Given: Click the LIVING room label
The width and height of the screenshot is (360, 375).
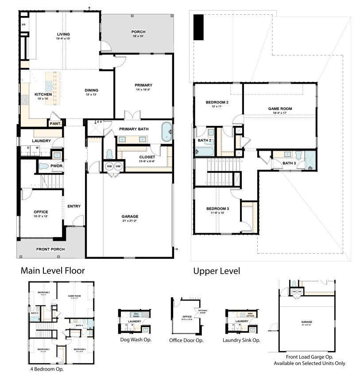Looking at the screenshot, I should pos(63,34).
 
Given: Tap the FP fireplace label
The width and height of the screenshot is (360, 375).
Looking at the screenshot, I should pos(23,25).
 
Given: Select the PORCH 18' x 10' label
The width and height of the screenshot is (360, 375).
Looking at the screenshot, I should pos(138,32).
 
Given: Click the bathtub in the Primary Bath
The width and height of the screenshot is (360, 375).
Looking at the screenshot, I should pos(167,132).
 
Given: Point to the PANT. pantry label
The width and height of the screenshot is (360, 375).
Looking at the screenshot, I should pos(55,124).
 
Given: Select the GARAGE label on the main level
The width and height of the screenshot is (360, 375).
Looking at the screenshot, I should pos(130,216).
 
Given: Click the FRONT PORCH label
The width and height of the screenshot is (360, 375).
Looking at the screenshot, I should pos(50,249).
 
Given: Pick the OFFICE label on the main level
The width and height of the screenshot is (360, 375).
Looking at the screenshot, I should pos(41,212).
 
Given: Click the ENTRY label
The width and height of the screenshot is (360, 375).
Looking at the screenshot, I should pos(74,206).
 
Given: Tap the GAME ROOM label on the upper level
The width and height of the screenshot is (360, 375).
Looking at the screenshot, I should pos(280,109).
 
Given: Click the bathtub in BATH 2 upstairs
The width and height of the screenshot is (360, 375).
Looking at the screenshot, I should pos(203,151).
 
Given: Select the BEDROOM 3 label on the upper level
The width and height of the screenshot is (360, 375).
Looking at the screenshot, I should pos(217,209).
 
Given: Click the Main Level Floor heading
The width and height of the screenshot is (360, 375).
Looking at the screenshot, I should pos(53,270).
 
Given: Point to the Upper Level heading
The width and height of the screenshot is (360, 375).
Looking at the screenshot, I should pos(217,270).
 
